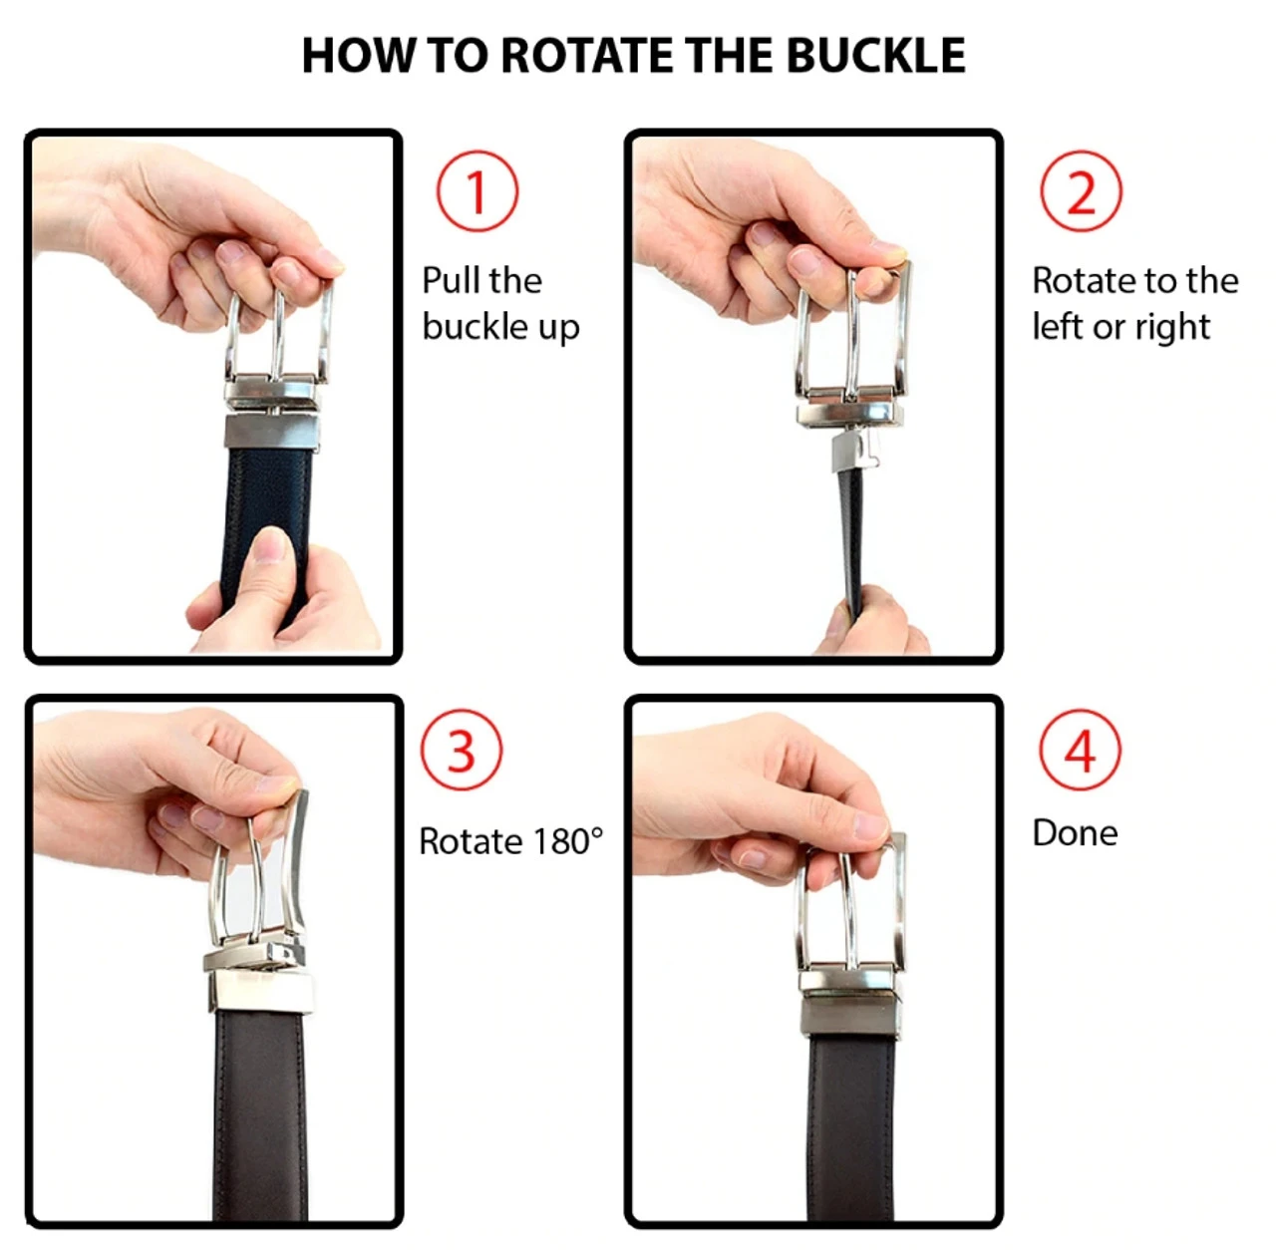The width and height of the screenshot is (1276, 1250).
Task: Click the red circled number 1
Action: tap(477, 191)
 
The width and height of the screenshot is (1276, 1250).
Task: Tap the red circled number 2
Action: tap(1081, 190)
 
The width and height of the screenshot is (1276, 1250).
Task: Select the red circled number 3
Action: tap(462, 751)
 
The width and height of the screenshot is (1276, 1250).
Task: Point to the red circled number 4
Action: tap(1080, 750)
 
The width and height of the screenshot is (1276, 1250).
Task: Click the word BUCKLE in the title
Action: tap(876, 55)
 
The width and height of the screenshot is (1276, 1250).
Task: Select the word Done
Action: tap(1075, 832)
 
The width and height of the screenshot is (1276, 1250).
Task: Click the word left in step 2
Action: tap(1057, 326)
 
